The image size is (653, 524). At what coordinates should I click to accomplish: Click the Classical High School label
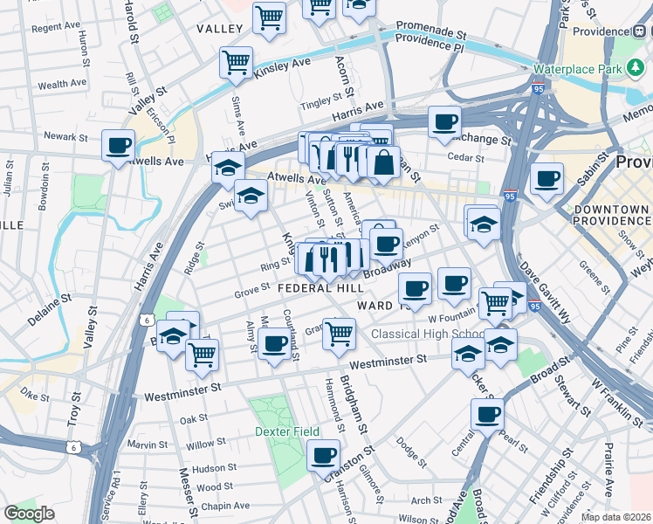click(428, 334)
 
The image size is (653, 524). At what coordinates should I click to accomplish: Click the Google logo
click(29, 514)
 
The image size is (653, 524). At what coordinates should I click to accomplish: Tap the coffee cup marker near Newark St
click(118, 145)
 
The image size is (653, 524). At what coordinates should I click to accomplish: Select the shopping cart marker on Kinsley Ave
click(236, 62)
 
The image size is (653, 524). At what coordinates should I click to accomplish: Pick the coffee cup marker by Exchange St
click(444, 122)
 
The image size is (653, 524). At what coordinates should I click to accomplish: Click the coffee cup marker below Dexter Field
click(323, 454)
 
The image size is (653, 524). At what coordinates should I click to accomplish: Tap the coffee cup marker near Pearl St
click(487, 414)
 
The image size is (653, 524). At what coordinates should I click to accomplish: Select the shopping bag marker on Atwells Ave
click(383, 162)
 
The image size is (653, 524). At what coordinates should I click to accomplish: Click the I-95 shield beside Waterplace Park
click(539, 88)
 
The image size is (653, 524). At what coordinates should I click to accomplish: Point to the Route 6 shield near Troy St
click(76, 448)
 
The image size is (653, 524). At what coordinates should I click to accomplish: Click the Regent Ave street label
click(54, 28)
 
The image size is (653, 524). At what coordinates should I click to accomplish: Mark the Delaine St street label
click(48, 311)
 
